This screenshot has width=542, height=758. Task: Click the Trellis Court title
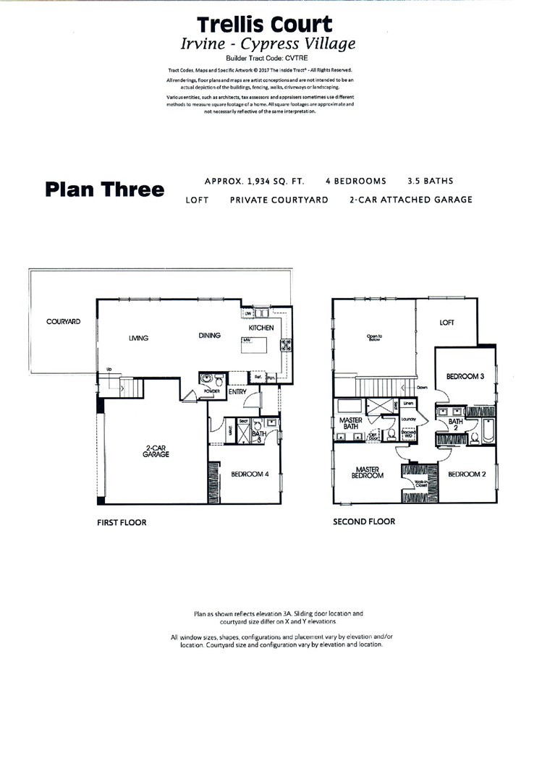(x=268, y=26)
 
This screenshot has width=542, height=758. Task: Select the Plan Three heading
(x=104, y=189)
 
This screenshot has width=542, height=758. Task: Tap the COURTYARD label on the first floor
(x=63, y=321)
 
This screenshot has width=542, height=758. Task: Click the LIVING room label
(x=138, y=336)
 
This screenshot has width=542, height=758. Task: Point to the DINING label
(x=209, y=336)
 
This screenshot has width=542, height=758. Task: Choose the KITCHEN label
(x=261, y=328)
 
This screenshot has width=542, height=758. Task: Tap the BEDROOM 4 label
(x=250, y=474)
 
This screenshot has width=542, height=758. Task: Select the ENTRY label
(x=237, y=392)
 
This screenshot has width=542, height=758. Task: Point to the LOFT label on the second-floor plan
(x=447, y=323)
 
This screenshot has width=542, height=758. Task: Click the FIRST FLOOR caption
(x=122, y=522)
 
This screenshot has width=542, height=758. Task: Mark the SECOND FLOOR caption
(x=363, y=521)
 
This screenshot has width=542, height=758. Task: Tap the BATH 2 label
(x=456, y=425)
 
